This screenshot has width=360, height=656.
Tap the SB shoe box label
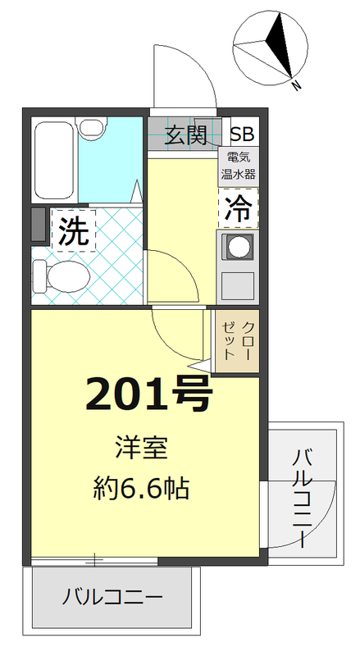coord(242,134)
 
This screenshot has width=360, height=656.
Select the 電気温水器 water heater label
coord(238,166)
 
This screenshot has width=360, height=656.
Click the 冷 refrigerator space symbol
coord(238,208)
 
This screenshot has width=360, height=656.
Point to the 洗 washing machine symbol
coord(73,231)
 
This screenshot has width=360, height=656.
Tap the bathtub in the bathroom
coord(56,160)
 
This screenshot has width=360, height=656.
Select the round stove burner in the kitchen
coord(239,245)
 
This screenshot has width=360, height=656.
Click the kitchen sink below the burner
coord(239,285)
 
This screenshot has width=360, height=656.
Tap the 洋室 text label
coord(140,449)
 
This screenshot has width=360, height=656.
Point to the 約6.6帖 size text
coord(140,490)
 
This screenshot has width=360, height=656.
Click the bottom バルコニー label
coord(113,596)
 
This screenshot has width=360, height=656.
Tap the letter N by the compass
coord(295,84)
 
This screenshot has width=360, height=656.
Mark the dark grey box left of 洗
coord(38,225)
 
